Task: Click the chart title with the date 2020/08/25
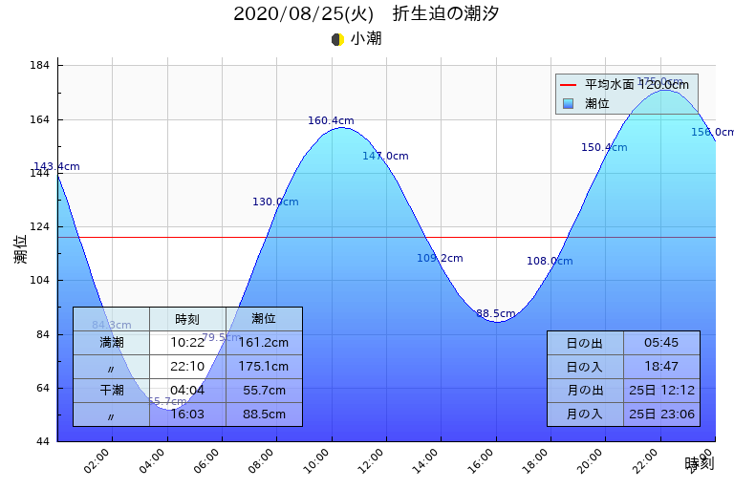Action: click(366, 14)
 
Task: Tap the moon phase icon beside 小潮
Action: click(337, 39)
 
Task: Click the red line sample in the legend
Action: click(570, 85)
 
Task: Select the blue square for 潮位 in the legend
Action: click(570, 103)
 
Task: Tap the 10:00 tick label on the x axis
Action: click(318, 459)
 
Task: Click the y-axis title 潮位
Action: click(20, 249)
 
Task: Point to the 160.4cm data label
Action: click(331, 121)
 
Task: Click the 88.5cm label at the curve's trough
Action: click(495, 313)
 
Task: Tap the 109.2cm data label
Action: click(440, 258)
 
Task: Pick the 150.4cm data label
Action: click(604, 147)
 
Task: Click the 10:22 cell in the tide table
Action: click(187, 342)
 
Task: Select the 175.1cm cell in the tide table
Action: click(264, 366)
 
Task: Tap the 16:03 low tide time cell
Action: click(187, 414)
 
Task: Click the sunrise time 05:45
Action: click(661, 343)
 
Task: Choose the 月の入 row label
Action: click(585, 414)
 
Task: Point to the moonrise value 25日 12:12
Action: click(661, 390)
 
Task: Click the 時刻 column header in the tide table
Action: click(187, 319)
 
